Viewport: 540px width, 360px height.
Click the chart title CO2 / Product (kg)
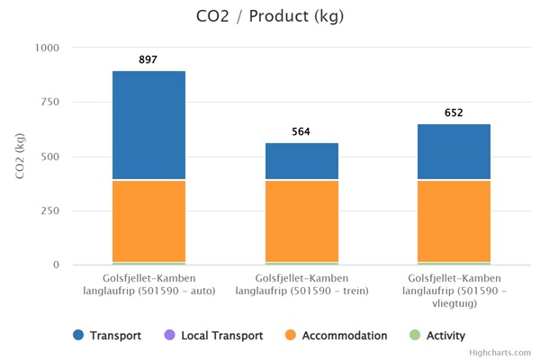pyautogui.click(x=269, y=16)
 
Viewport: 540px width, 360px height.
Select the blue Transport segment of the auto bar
pyautogui.click(x=148, y=125)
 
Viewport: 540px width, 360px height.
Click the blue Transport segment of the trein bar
pyautogui.click(x=301, y=161)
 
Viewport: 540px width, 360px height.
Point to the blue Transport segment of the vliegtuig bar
pyautogui.click(x=454, y=151)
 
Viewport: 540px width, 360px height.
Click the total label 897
pyautogui.click(x=148, y=59)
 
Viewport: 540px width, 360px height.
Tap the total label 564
pyautogui.click(x=301, y=131)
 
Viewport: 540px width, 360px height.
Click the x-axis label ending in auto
pyautogui.click(x=148, y=284)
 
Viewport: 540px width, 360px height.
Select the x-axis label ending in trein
pyautogui.click(x=301, y=284)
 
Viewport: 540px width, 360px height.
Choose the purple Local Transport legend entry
pyautogui.click(x=213, y=336)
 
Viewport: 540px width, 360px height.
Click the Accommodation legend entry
pyautogui.click(x=336, y=336)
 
